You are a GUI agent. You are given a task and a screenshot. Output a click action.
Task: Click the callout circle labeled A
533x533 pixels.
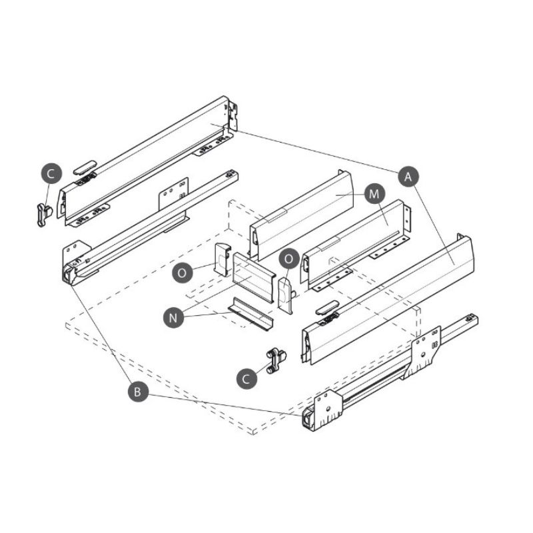pyautogui.click(x=408, y=177)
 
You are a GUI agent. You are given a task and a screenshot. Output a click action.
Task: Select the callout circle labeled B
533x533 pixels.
pyautogui.click(x=138, y=392)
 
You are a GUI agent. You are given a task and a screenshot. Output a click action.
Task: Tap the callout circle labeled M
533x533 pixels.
pyautogui.click(x=374, y=194)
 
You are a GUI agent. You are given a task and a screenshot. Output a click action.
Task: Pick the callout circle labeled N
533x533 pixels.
pyautogui.click(x=173, y=318)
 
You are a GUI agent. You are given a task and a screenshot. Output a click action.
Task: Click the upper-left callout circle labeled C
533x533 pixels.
pyautogui.click(x=51, y=174)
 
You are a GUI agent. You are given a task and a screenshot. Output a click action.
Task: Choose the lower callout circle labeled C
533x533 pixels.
pyautogui.click(x=247, y=378)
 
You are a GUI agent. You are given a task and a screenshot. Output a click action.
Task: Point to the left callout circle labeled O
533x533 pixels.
pyautogui.click(x=182, y=272)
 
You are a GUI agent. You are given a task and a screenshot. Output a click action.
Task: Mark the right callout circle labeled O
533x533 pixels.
pyautogui.click(x=289, y=259)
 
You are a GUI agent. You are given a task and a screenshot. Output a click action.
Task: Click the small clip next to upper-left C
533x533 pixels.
pyautogui.click(x=44, y=214)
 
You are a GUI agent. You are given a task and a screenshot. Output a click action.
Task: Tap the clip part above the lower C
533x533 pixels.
pyautogui.click(x=276, y=361)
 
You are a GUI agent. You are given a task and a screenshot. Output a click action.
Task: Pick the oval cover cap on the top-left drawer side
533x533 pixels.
pyautogui.click(x=85, y=167)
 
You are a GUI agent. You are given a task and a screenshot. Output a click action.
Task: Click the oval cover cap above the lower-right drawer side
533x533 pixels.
pyautogui.click(x=327, y=307)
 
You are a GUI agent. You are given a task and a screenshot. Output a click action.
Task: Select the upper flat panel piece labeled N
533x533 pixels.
pyautogui.click(x=253, y=277)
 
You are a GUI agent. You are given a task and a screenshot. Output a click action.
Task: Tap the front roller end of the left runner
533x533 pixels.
pyautogui.click(x=69, y=274)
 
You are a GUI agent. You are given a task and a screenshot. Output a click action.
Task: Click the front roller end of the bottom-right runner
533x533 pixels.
pyautogui.click(x=308, y=419)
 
